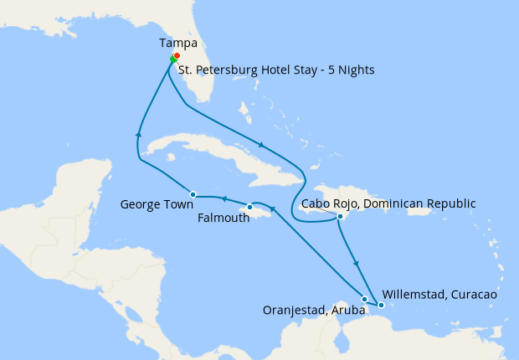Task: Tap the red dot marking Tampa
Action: pos(177,56)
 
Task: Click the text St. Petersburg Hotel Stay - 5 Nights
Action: pos(276,69)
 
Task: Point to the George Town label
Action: pos(157,203)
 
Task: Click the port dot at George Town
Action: pos(193,193)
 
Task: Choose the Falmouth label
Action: pos(223,217)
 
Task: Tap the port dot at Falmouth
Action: pos(249,207)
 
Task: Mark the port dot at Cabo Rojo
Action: pos(340,217)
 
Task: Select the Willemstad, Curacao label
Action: pos(439,295)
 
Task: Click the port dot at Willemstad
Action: pos(381,306)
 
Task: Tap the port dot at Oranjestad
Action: pos(364,299)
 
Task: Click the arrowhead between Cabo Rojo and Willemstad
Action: pos(357,264)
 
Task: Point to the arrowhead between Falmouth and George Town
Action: pos(224,198)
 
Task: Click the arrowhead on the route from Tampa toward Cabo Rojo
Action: pos(261,146)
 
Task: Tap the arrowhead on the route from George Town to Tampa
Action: pos(139,133)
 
